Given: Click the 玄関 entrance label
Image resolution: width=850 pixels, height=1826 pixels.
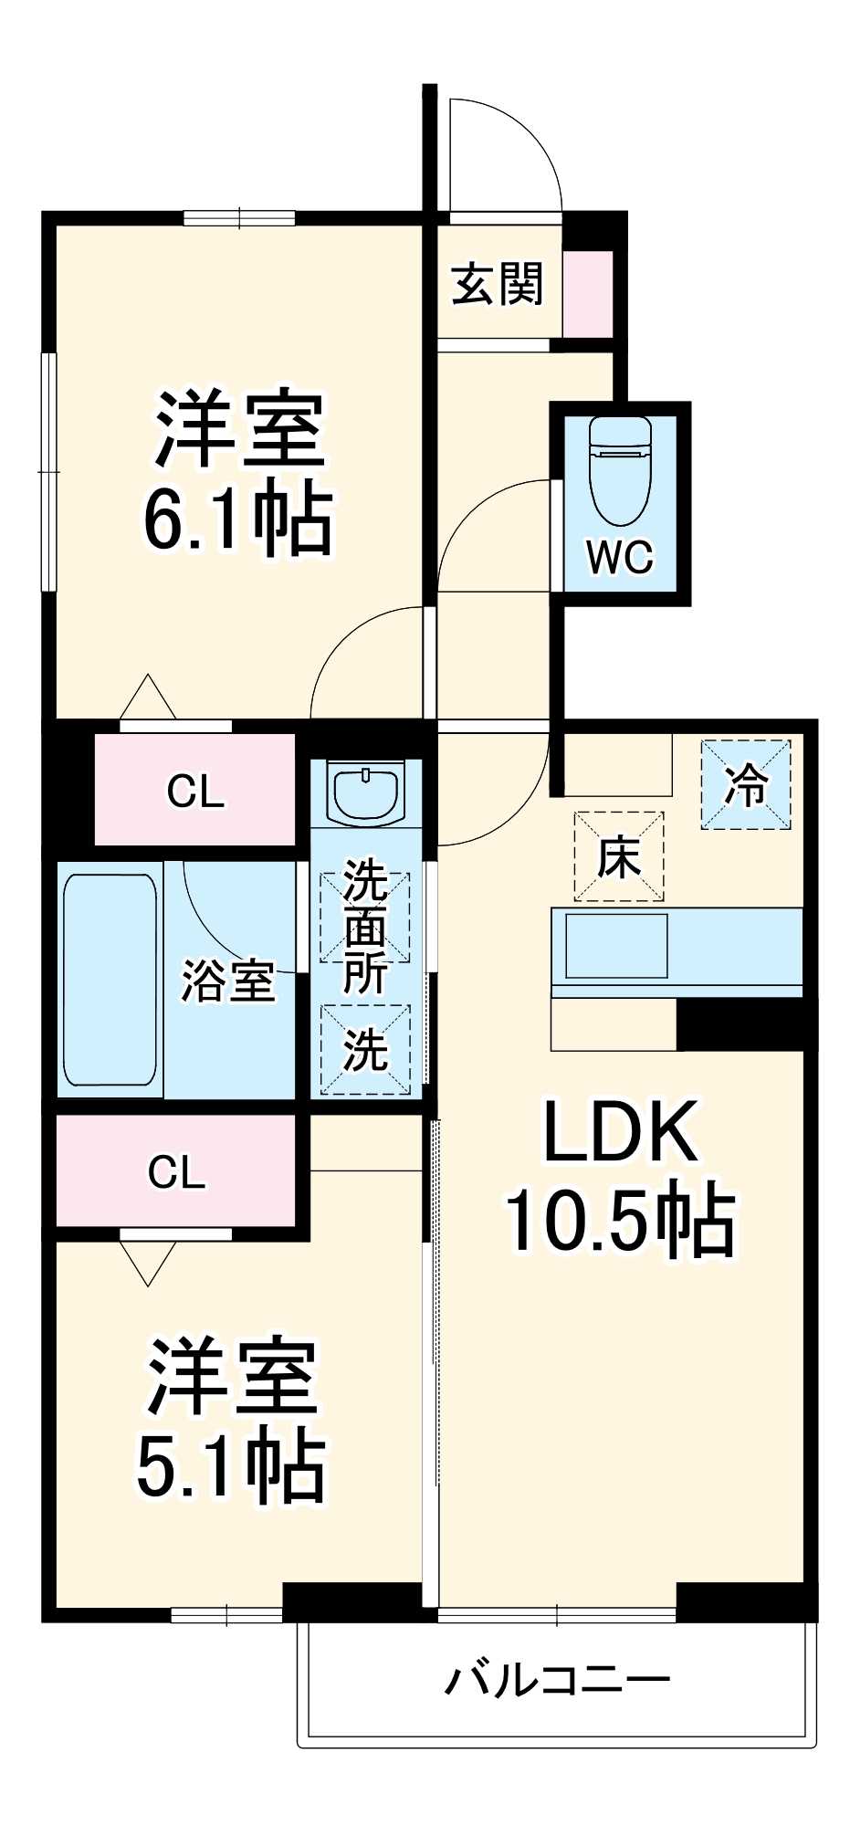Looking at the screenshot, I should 497,284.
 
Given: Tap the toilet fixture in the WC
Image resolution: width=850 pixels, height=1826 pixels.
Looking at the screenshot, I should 621,470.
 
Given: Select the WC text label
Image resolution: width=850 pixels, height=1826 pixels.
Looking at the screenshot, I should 621,556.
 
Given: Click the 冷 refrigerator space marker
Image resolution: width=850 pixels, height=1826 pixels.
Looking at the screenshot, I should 745,784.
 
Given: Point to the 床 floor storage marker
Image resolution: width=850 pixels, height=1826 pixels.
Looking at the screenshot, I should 618,856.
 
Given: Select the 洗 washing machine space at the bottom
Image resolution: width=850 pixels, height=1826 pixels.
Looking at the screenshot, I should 365,1049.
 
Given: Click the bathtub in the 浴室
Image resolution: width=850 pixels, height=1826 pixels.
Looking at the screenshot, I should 110,980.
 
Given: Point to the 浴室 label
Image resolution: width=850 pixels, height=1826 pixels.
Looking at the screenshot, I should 228,981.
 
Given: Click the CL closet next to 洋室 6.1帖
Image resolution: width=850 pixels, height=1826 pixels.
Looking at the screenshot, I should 195,791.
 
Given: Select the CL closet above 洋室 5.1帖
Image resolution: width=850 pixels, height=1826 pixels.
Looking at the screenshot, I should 177,1171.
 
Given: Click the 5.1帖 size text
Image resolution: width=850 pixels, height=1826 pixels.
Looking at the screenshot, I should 230,1467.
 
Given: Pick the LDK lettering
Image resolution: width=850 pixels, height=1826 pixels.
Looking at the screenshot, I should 621,1132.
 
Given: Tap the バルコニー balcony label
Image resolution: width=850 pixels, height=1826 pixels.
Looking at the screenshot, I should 557,1680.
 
